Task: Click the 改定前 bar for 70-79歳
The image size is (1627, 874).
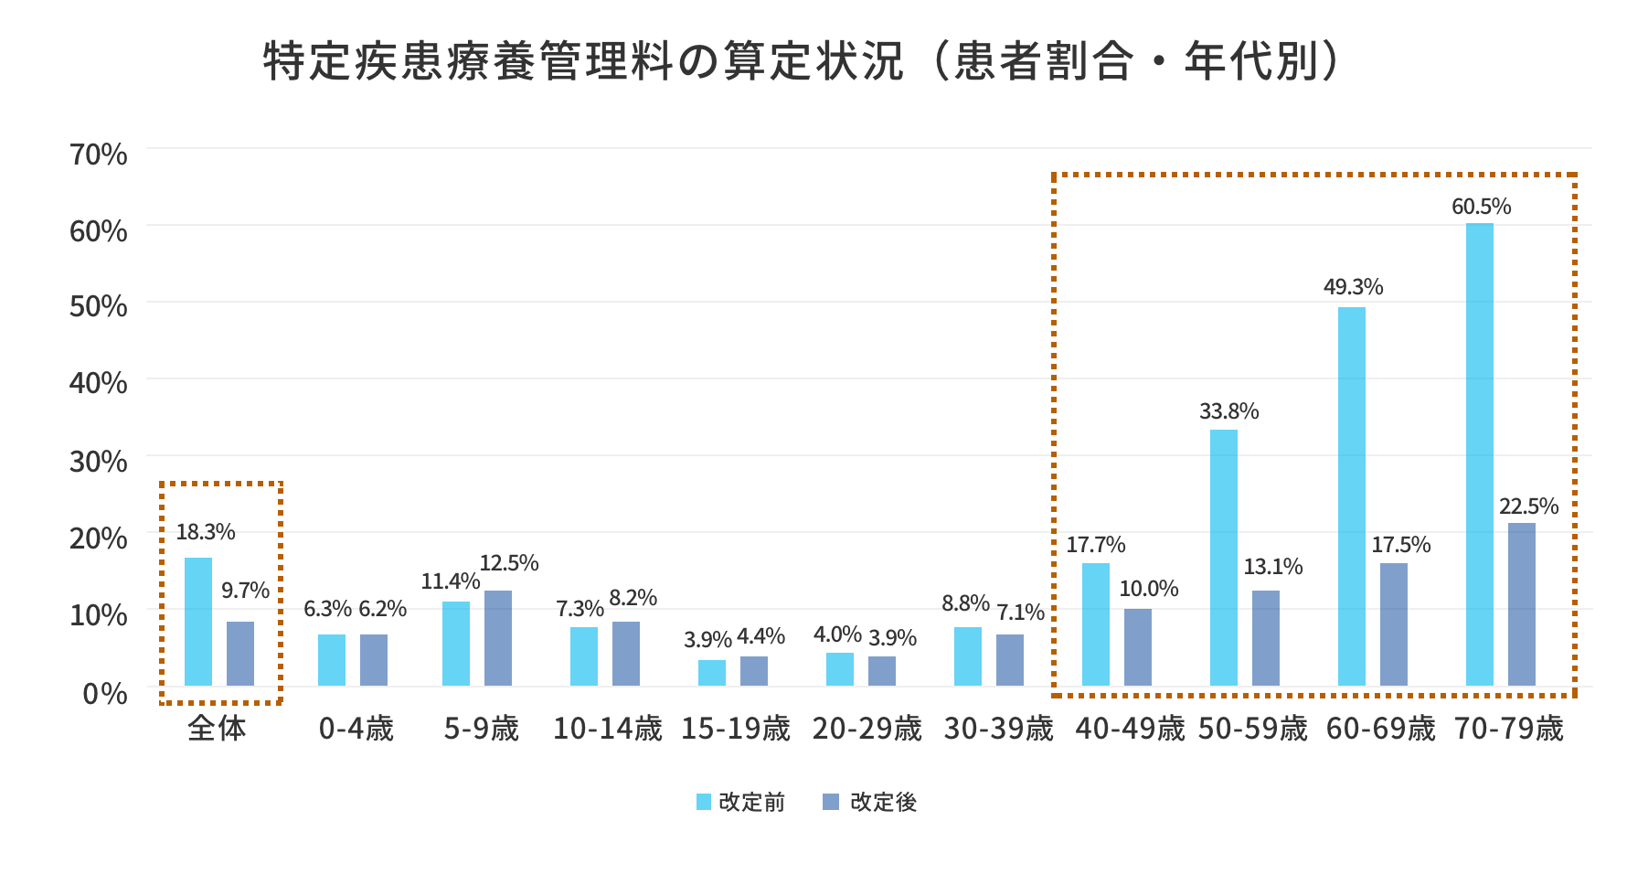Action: (1479, 454)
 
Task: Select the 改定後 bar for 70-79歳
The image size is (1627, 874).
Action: (1521, 604)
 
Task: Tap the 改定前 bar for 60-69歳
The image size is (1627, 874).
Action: (1351, 496)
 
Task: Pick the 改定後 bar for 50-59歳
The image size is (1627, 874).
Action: (1265, 638)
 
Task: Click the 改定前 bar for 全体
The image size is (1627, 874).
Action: (198, 622)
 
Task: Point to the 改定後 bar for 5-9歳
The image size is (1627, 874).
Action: (497, 638)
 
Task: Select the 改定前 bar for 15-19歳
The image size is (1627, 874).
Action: (711, 673)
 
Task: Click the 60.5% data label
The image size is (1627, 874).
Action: (1481, 207)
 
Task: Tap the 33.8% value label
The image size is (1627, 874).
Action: (1228, 411)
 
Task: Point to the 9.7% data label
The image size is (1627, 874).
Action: (245, 591)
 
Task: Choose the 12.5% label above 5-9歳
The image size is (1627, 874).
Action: (509, 563)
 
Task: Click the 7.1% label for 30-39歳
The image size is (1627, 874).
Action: (1020, 613)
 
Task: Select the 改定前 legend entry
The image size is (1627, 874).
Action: (740, 802)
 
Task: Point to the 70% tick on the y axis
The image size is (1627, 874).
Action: (98, 154)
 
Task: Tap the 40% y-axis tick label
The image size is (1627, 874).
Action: (98, 383)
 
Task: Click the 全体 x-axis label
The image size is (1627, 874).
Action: (217, 729)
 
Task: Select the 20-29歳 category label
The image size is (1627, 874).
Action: (867, 729)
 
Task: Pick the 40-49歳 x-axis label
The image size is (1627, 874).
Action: (1130, 729)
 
